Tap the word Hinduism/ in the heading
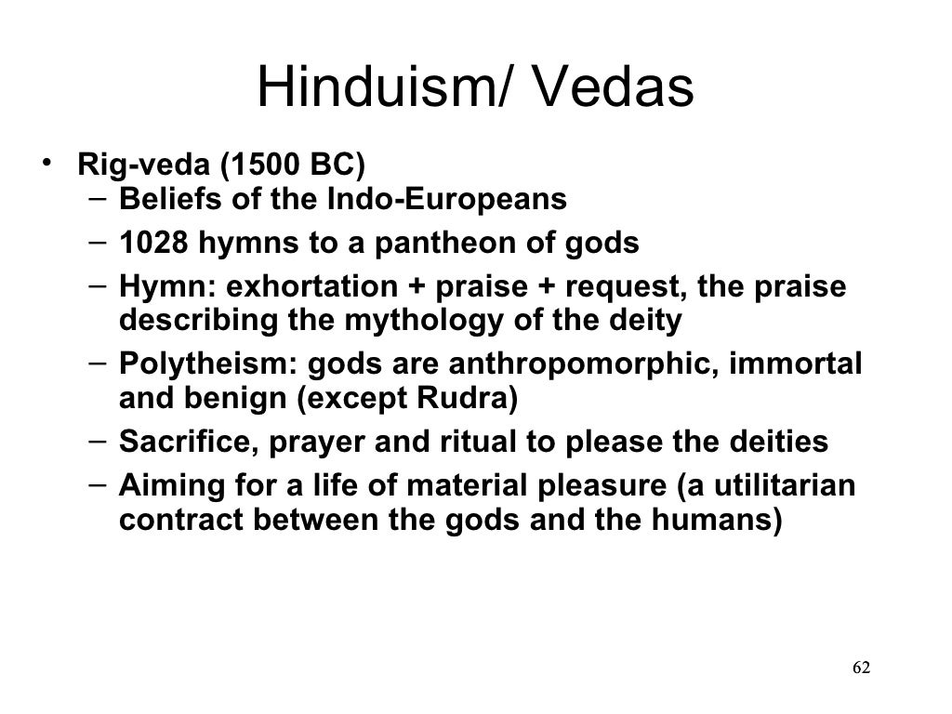(x=376, y=90)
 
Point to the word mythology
(x=423, y=321)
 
